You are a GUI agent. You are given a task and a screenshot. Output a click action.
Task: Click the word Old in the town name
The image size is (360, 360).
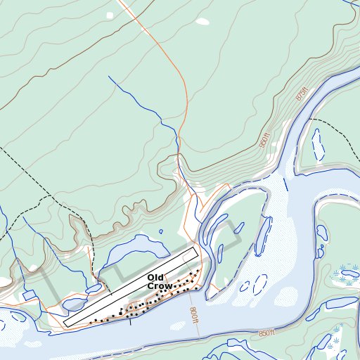pyautogui.click(x=155, y=278)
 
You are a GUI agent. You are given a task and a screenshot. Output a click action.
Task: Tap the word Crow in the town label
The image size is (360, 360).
pyautogui.click(x=160, y=287)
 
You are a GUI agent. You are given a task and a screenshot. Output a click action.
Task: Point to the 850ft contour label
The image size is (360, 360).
pyautogui.click(x=267, y=333)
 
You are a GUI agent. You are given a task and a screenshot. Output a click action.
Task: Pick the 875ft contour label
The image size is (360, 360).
pyautogui.click(x=302, y=94)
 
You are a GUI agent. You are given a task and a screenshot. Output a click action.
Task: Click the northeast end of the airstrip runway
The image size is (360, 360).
pyautogui.click(x=195, y=250)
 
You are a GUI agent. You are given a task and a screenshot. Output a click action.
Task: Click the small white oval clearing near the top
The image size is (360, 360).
pyautogui.click(x=202, y=21)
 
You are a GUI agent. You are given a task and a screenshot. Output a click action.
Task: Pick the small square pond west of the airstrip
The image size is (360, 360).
pyautogui.click(x=29, y=295)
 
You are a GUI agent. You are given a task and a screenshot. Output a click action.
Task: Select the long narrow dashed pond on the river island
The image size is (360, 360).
pyautogui.click(x=263, y=236)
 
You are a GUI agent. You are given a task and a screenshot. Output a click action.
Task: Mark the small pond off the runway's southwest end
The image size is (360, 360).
pyautogui.click(x=73, y=304)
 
